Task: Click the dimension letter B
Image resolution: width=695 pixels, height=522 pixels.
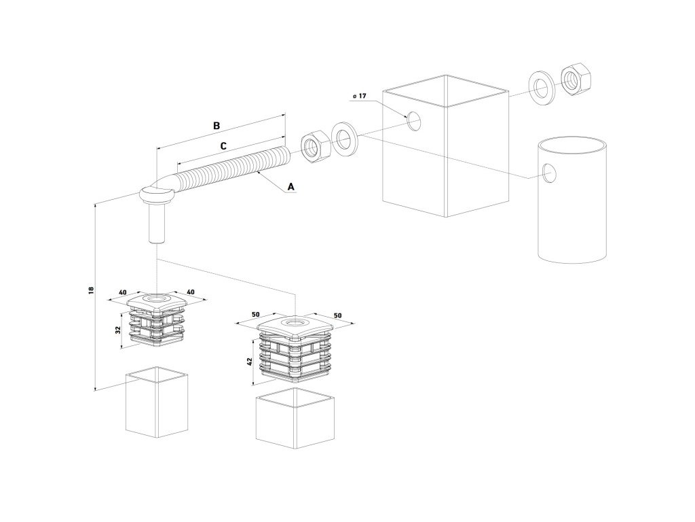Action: tap(217, 126)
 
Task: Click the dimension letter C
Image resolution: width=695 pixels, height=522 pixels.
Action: tap(223, 145)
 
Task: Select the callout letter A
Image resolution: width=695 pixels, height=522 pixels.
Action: tap(292, 186)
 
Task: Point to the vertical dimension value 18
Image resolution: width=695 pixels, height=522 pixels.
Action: tap(91, 290)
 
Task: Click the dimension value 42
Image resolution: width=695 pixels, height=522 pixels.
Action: tap(250, 362)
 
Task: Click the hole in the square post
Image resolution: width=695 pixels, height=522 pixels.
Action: tap(414, 121)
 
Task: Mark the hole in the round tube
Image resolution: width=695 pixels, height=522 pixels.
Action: tap(550, 175)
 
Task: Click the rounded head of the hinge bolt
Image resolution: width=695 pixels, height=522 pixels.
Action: tap(156, 196)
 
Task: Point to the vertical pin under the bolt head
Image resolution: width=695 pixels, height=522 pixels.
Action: tap(156, 226)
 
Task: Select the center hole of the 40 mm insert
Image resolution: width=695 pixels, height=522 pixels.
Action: tap(157, 298)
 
